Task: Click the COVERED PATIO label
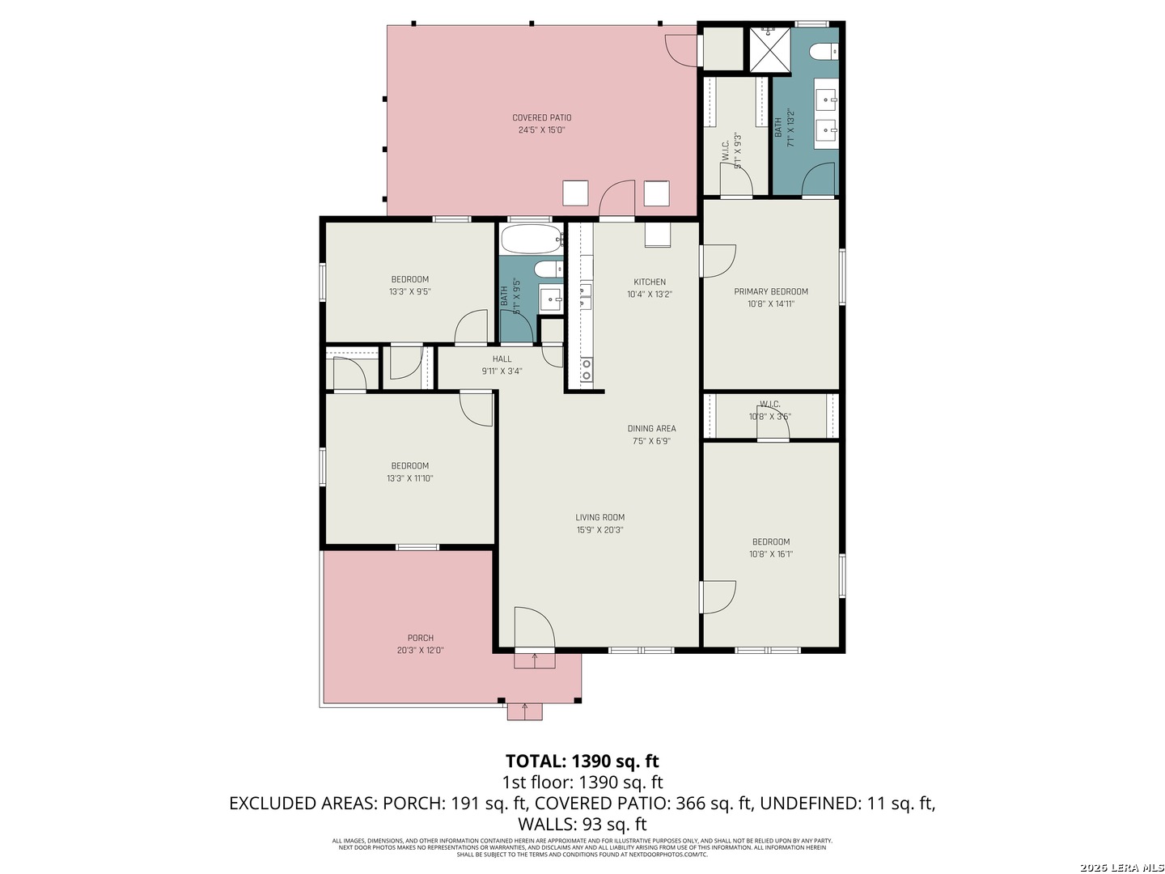(541, 117)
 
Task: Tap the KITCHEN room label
(650, 282)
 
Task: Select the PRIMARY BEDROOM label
(771, 291)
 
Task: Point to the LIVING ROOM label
(599, 517)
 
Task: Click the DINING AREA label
(651, 429)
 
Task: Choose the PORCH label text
(420, 638)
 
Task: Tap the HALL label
(502, 359)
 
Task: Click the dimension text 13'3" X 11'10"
(410, 478)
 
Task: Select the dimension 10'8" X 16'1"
(771, 554)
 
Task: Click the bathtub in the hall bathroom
(531, 240)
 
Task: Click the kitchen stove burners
(586, 370)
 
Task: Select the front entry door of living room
(534, 629)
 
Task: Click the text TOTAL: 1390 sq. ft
(582, 761)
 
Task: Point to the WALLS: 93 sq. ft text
(582, 825)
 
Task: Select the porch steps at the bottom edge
(525, 711)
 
